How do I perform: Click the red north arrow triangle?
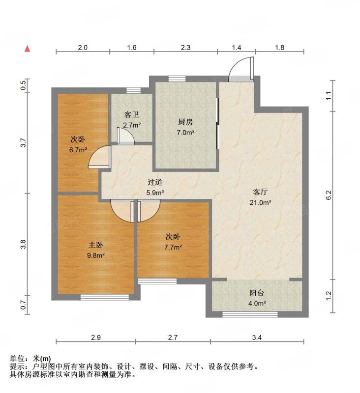tap(28, 49)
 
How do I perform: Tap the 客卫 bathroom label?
tap(131, 115)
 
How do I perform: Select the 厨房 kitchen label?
tap(185, 122)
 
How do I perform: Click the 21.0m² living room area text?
tap(260, 202)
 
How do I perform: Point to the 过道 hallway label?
tap(155, 182)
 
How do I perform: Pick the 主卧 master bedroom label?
tap(95, 245)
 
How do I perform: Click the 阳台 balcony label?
tap(257, 293)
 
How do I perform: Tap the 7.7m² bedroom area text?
tap(173, 248)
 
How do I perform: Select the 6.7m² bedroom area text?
tap(78, 150)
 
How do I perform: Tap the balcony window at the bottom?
tap(250, 314)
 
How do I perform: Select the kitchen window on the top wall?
tap(177, 79)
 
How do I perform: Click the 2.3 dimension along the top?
tap(185, 47)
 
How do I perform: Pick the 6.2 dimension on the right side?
tap(329, 195)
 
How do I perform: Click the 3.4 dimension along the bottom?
tap(257, 337)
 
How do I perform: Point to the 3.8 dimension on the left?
tap(23, 244)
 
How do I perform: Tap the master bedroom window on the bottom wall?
tap(105, 297)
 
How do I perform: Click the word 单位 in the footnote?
tap(17, 359)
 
